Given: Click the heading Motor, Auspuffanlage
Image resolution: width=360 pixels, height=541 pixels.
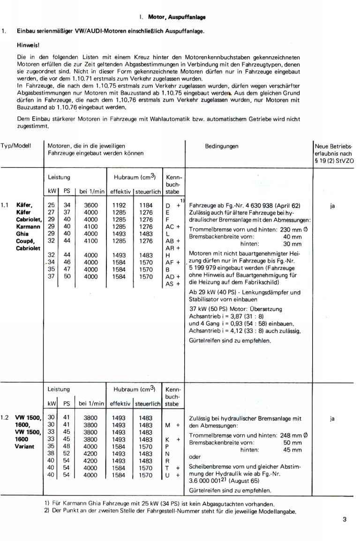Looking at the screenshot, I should [176, 17].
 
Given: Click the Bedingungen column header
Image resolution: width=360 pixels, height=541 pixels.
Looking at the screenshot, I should [222, 146].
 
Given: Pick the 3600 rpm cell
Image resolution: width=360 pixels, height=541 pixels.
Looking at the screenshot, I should [91, 205].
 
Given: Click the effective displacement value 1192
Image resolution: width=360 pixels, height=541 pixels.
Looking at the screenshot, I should [119, 205].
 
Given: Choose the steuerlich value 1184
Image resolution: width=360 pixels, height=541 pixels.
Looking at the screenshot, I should [146, 205].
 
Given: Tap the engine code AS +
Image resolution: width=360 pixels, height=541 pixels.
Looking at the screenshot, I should [172, 284].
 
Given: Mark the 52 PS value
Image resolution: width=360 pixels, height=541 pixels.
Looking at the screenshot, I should [66, 454].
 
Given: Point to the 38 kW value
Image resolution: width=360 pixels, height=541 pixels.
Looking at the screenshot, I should [51, 454].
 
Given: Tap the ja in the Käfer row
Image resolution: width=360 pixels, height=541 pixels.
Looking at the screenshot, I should [332, 205].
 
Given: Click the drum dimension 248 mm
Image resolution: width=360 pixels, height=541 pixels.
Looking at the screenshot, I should [288, 435].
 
